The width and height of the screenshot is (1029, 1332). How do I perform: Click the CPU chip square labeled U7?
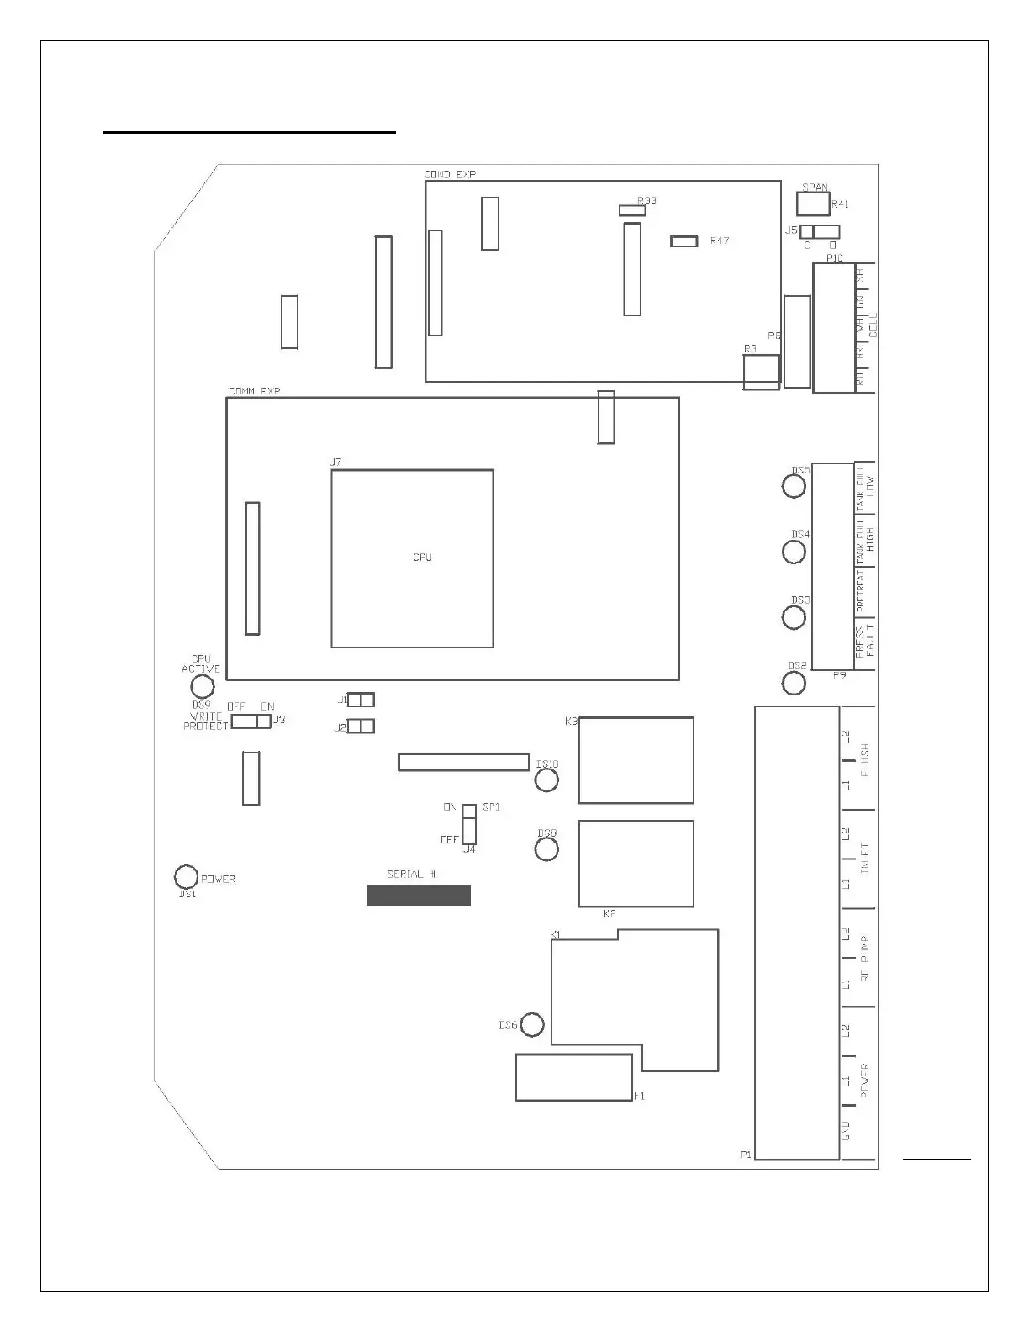pyautogui.click(x=412, y=558)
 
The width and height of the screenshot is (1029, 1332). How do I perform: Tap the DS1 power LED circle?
pyautogui.click(x=185, y=877)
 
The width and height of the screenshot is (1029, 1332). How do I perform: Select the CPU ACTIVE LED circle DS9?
pyautogui.click(x=202, y=686)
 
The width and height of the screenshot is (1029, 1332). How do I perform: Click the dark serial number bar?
pyautogui.click(x=418, y=895)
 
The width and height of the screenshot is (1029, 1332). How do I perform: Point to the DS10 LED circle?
pyautogui.click(x=546, y=780)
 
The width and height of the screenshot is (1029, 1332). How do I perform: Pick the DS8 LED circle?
pyautogui.click(x=546, y=848)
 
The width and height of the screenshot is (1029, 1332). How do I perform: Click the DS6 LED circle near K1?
pyautogui.click(x=532, y=1025)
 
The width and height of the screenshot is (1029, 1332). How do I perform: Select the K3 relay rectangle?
pyautogui.click(x=636, y=760)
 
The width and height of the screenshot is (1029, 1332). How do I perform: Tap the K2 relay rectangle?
pyautogui.click(x=636, y=864)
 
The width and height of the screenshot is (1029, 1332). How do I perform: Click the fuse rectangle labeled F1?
pyautogui.click(x=574, y=1077)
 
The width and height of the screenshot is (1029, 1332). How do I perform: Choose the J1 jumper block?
pyautogui.click(x=361, y=700)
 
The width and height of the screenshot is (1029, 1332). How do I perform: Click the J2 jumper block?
pyautogui.click(x=361, y=726)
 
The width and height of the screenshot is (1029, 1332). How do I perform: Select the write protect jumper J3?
pyautogui.click(x=251, y=721)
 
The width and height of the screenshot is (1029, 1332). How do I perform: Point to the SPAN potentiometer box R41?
pyautogui.click(x=813, y=204)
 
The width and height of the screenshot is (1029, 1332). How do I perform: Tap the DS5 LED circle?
pyautogui.click(x=794, y=486)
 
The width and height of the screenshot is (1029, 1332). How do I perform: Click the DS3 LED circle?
pyautogui.click(x=794, y=617)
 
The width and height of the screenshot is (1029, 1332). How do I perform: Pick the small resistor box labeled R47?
pyautogui.click(x=684, y=241)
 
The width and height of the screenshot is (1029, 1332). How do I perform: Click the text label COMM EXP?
pyautogui.click(x=255, y=391)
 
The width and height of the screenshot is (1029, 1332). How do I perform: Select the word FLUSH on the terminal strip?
pyautogui.click(x=865, y=760)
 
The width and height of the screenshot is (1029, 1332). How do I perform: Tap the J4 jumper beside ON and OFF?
pyautogui.click(x=469, y=824)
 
